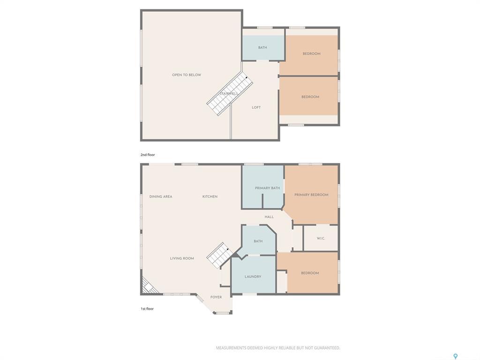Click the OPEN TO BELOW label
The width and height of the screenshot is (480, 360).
pos(186,75)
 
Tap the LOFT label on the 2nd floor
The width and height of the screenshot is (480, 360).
pos(256,107)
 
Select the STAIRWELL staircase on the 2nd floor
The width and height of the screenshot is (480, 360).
pos(230,94)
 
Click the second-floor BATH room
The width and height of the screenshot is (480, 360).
pos(263,47)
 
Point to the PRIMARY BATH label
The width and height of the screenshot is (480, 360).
pos(267,188)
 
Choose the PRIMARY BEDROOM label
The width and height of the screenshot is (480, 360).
pos(311,195)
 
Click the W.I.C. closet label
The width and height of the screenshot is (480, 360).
pos(321,239)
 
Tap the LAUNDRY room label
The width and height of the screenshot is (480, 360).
pos(253,277)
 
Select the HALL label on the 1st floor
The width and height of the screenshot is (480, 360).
pos(269,217)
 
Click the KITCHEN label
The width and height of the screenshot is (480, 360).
pos(210,196)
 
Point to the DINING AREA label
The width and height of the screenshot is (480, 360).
pos(161,196)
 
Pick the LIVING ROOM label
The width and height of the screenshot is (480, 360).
pos(182,258)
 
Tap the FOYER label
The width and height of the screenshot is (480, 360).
pos(216,297)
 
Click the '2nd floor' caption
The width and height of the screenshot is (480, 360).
pos(148,155)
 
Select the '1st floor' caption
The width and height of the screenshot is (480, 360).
pos(147,309)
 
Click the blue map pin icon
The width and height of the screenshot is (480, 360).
pos(455,357)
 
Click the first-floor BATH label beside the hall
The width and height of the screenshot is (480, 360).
pos(258,241)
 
